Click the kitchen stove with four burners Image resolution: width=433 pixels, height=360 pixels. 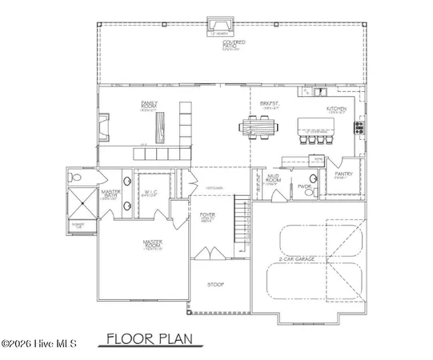point(359,126)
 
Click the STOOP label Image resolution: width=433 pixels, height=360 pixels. point(214,285)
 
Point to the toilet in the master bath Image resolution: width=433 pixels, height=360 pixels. point(74,175)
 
